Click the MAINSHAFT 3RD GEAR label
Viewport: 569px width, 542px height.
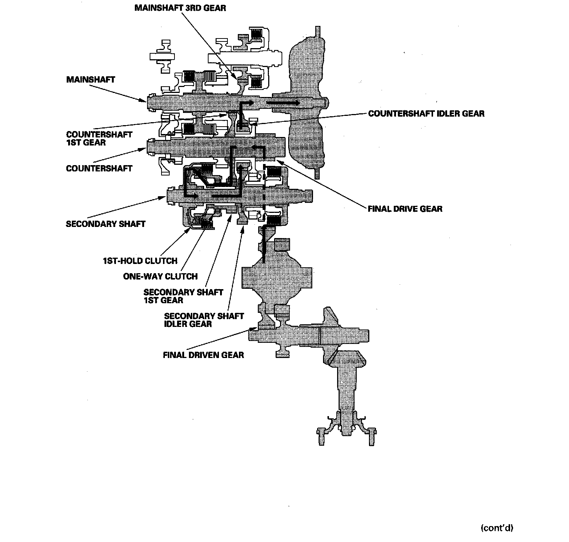[180, 8]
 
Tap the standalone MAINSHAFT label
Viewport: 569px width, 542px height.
[90, 80]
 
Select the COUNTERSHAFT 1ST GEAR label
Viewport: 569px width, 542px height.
[99, 138]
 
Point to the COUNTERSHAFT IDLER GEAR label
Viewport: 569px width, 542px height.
[426, 113]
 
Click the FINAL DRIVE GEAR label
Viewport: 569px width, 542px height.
[405, 209]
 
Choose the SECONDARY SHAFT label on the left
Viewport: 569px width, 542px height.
[106, 224]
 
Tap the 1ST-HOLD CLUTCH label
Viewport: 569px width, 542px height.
[140, 261]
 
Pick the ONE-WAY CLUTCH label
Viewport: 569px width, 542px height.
[160, 277]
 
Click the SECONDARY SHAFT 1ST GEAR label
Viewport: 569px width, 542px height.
[183, 296]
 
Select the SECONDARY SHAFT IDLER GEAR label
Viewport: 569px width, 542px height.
[204, 320]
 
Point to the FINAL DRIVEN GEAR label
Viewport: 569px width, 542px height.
[203, 355]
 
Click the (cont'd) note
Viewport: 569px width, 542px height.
[496, 528]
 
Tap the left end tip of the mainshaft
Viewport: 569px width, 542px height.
[147, 101]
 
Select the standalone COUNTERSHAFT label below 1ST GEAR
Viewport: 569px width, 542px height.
[99, 168]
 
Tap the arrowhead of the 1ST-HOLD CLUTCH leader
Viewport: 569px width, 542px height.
[191, 228]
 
